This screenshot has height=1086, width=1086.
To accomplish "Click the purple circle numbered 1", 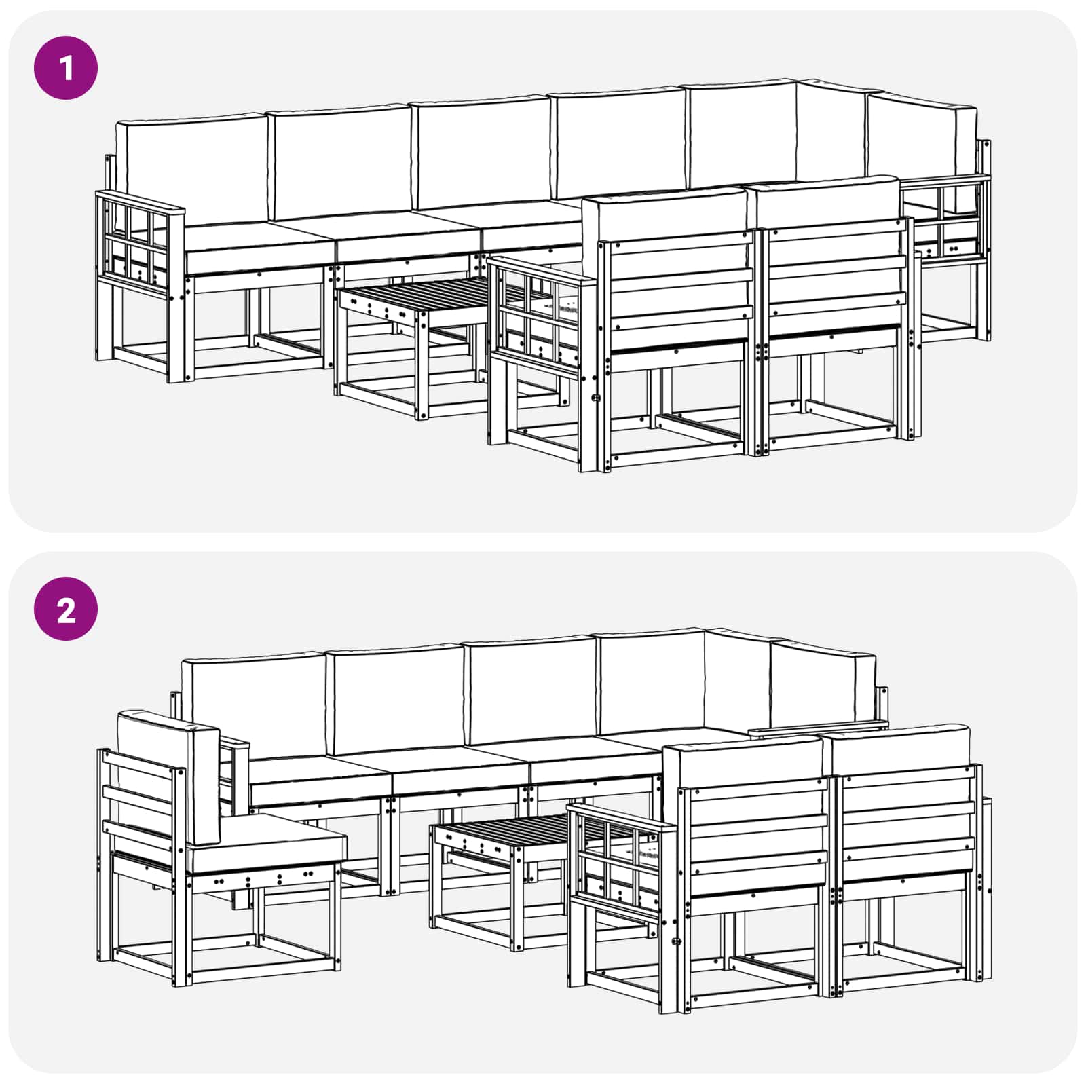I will pos(66,68).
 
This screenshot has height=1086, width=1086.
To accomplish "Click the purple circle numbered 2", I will pos(66,609).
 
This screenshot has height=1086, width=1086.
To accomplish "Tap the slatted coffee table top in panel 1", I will pos(421,293).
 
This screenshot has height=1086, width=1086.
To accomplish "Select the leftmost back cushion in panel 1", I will pos(191,170).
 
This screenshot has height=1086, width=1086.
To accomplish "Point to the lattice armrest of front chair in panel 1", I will pos(536,309).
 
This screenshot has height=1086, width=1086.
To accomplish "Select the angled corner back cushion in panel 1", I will pos(831,132).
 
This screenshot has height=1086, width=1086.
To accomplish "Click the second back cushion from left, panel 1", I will pos(339,163).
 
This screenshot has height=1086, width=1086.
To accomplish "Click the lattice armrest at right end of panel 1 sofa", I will pos(950,217).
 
